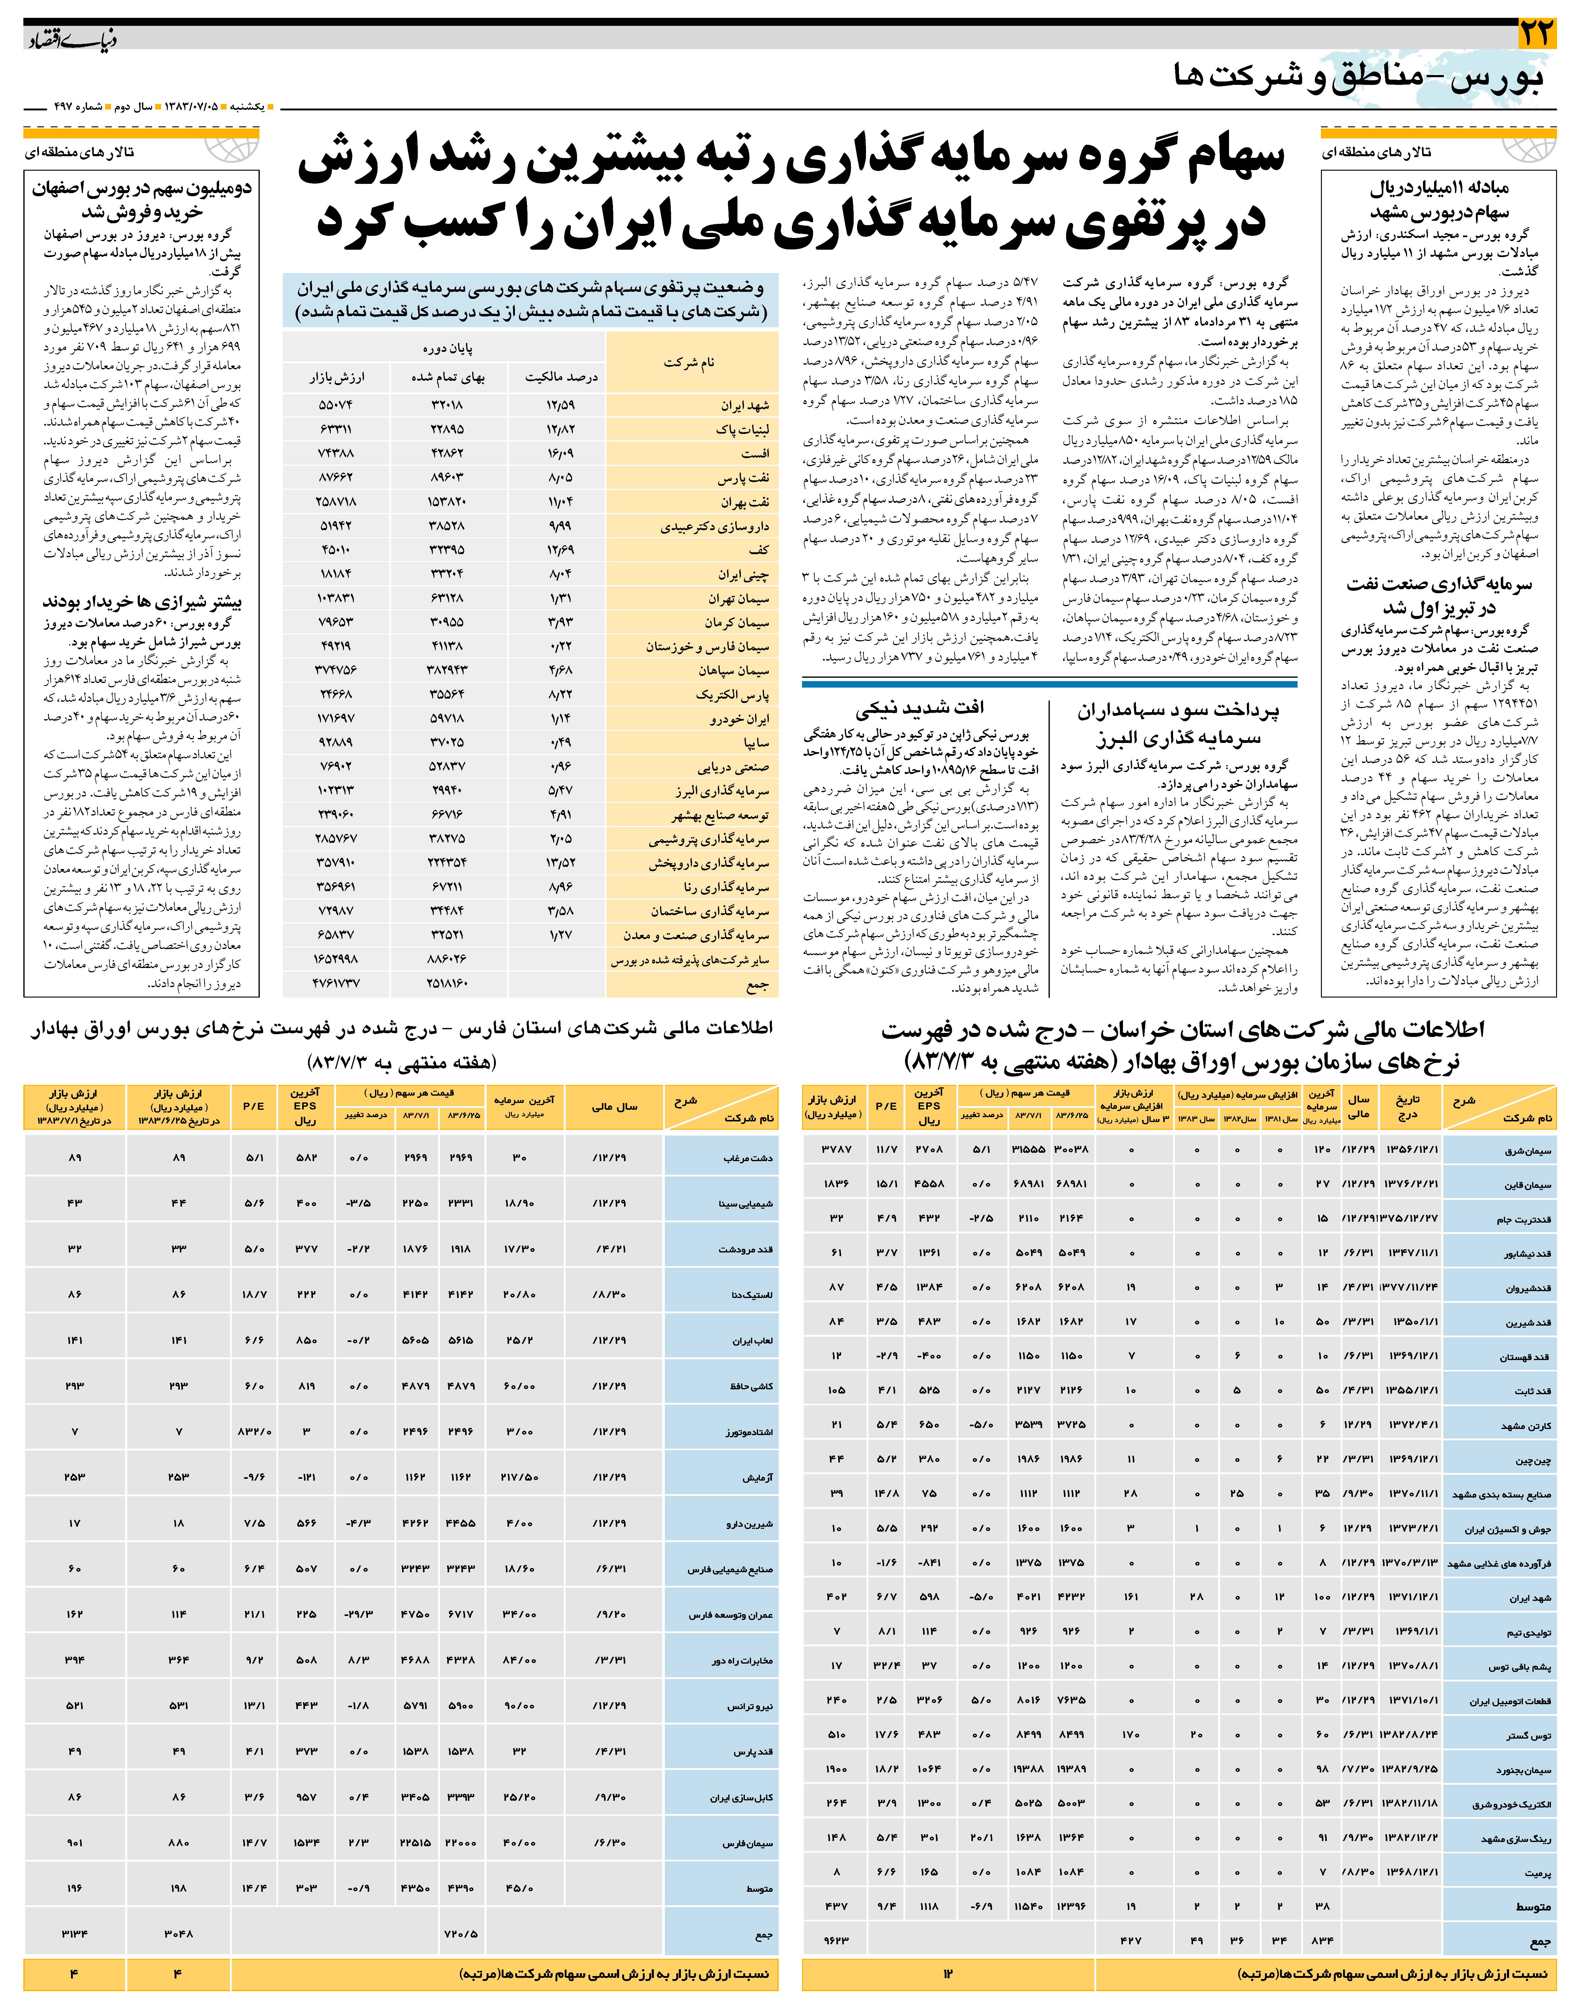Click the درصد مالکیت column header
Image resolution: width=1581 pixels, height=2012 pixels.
[561, 377]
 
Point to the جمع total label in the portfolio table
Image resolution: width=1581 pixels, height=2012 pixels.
[757, 985]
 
